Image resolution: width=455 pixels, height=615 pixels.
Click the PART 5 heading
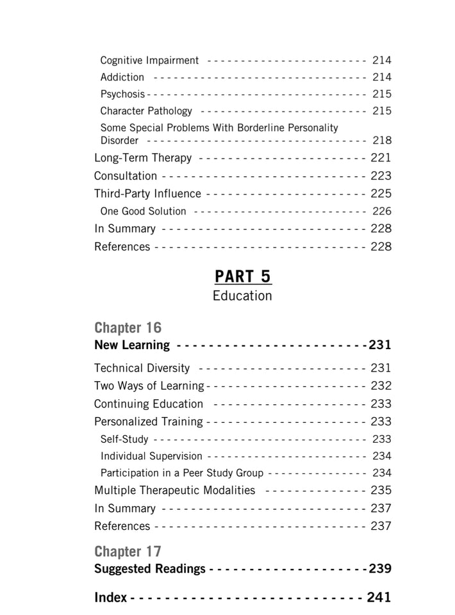[x=243, y=276]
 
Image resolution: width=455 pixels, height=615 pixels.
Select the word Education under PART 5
[x=242, y=296]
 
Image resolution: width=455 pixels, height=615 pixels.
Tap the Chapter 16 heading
[x=128, y=328]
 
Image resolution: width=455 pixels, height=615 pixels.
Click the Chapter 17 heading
[x=128, y=552]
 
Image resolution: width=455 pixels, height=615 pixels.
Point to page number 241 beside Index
[x=379, y=598]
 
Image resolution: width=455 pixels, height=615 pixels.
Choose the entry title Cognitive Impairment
[x=149, y=61]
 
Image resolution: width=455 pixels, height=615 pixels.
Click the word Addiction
[x=122, y=78]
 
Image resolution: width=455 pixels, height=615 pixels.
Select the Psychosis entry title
[x=122, y=94]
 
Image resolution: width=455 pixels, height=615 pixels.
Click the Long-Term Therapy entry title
[x=143, y=158]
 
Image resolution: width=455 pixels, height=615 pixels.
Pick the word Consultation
[x=126, y=176]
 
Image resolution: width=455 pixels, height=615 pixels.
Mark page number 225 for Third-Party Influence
[x=381, y=193]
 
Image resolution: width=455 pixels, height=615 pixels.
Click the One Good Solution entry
[x=144, y=211]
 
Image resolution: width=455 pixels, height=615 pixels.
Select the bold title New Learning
[x=132, y=345]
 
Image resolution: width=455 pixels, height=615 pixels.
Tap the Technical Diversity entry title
[x=142, y=368]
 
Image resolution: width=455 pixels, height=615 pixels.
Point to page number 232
[x=381, y=386]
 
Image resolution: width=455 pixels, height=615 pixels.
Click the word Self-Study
[x=124, y=439]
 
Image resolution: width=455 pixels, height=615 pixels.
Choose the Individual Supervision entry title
[x=151, y=457]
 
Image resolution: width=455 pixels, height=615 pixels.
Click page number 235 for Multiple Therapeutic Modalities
[x=381, y=491]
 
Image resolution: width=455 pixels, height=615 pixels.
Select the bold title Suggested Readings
[x=150, y=569]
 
